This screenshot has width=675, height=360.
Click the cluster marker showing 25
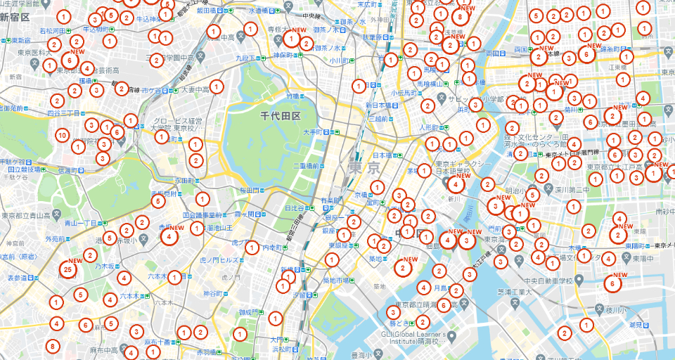tap(67, 269)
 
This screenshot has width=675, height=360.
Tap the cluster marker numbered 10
tap(62, 135)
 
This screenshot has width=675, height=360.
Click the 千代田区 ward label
tap(280, 116)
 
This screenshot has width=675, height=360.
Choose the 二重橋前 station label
tap(307, 166)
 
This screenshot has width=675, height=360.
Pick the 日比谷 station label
tap(294, 208)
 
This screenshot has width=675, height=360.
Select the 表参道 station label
tap(15, 278)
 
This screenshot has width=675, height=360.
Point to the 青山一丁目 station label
tap(80, 223)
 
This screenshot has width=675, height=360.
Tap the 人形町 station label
tap(429, 128)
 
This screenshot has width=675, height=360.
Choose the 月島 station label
tap(441, 288)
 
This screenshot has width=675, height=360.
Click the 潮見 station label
tap(635, 324)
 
